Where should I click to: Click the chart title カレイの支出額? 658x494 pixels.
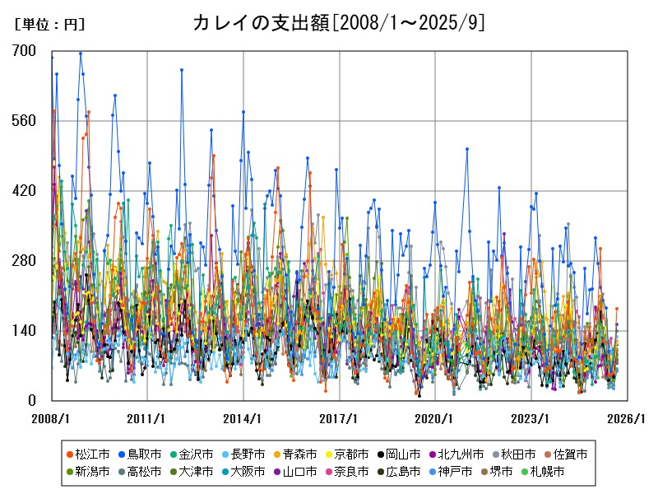[338, 22]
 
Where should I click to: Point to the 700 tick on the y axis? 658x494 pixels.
[25, 51]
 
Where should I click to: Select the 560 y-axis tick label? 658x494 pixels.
[25, 121]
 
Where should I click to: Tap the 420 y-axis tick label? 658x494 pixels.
[25, 191]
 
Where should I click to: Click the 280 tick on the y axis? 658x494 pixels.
[25, 261]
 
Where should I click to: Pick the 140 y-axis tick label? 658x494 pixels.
[25, 331]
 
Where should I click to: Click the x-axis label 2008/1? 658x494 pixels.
[51, 418]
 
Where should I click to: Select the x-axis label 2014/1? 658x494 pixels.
[243, 418]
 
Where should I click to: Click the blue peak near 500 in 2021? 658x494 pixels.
[466, 149]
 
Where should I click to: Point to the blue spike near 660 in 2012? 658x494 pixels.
[182, 70]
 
